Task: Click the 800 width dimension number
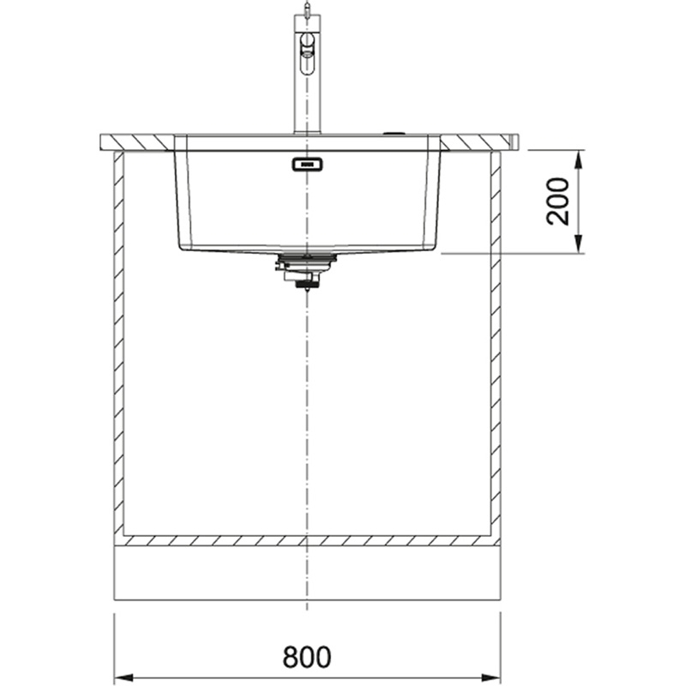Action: coord(307,656)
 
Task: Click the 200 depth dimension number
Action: coord(558,202)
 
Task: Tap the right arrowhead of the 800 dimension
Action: coord(490,677)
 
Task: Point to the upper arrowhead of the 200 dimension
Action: coord(578,160)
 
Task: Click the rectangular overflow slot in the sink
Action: coord(307,165)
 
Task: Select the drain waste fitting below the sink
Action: coord(305,270)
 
